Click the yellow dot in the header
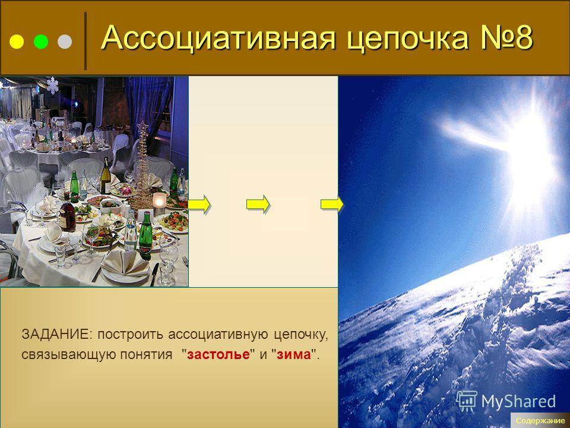[17, 42]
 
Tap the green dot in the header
[41, 42]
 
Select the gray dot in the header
[65, 42]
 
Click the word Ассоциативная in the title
[217, 37]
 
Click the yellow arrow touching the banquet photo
[199, 204]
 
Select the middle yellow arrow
[258, 204]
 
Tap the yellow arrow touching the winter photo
[332, 204]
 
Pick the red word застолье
[218, 354]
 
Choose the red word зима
[294, 354]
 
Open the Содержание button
[540, 421]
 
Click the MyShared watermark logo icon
[467, 401]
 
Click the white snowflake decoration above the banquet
[52, 86]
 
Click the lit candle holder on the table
[159, 204]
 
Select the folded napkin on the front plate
[125, 262]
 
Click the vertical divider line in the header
[85, 41]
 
